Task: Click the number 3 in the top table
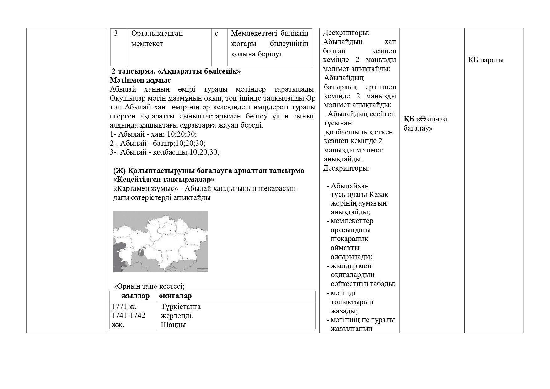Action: pyautogui.click(x=116, y=33)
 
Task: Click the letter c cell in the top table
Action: pyautogui.click(x=216, y=33)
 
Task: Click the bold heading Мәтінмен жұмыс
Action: pyautogui.click(x=140, y=80)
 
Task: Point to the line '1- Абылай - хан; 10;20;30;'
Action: pyautogui.click(x=153, y=134)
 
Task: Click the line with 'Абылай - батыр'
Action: pyautogui.click(x=157, y=144)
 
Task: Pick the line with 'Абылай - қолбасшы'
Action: pyautogui.click(x=164, y=152)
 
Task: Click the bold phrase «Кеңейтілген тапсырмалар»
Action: pyautogui.click(x=164, y=180)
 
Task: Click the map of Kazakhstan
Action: pyautogui.click(x=161, y=241)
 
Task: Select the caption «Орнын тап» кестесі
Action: pyautogui.click(x=149, y=286)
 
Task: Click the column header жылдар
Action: pyautogui.click(x=135, y=296)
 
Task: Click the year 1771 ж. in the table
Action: pyautogui.click(x=124, y=307)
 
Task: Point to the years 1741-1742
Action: pyautogui.click(x=129, y=315)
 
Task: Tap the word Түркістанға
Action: pyautogui.click(x=181, y=307)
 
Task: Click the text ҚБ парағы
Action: pyautogui.click(x=486, y=60)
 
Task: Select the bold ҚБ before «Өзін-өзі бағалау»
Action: pyautogui.click(x=409, y=119)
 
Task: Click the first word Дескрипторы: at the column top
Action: pyautogui.click(x=346, y=33)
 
